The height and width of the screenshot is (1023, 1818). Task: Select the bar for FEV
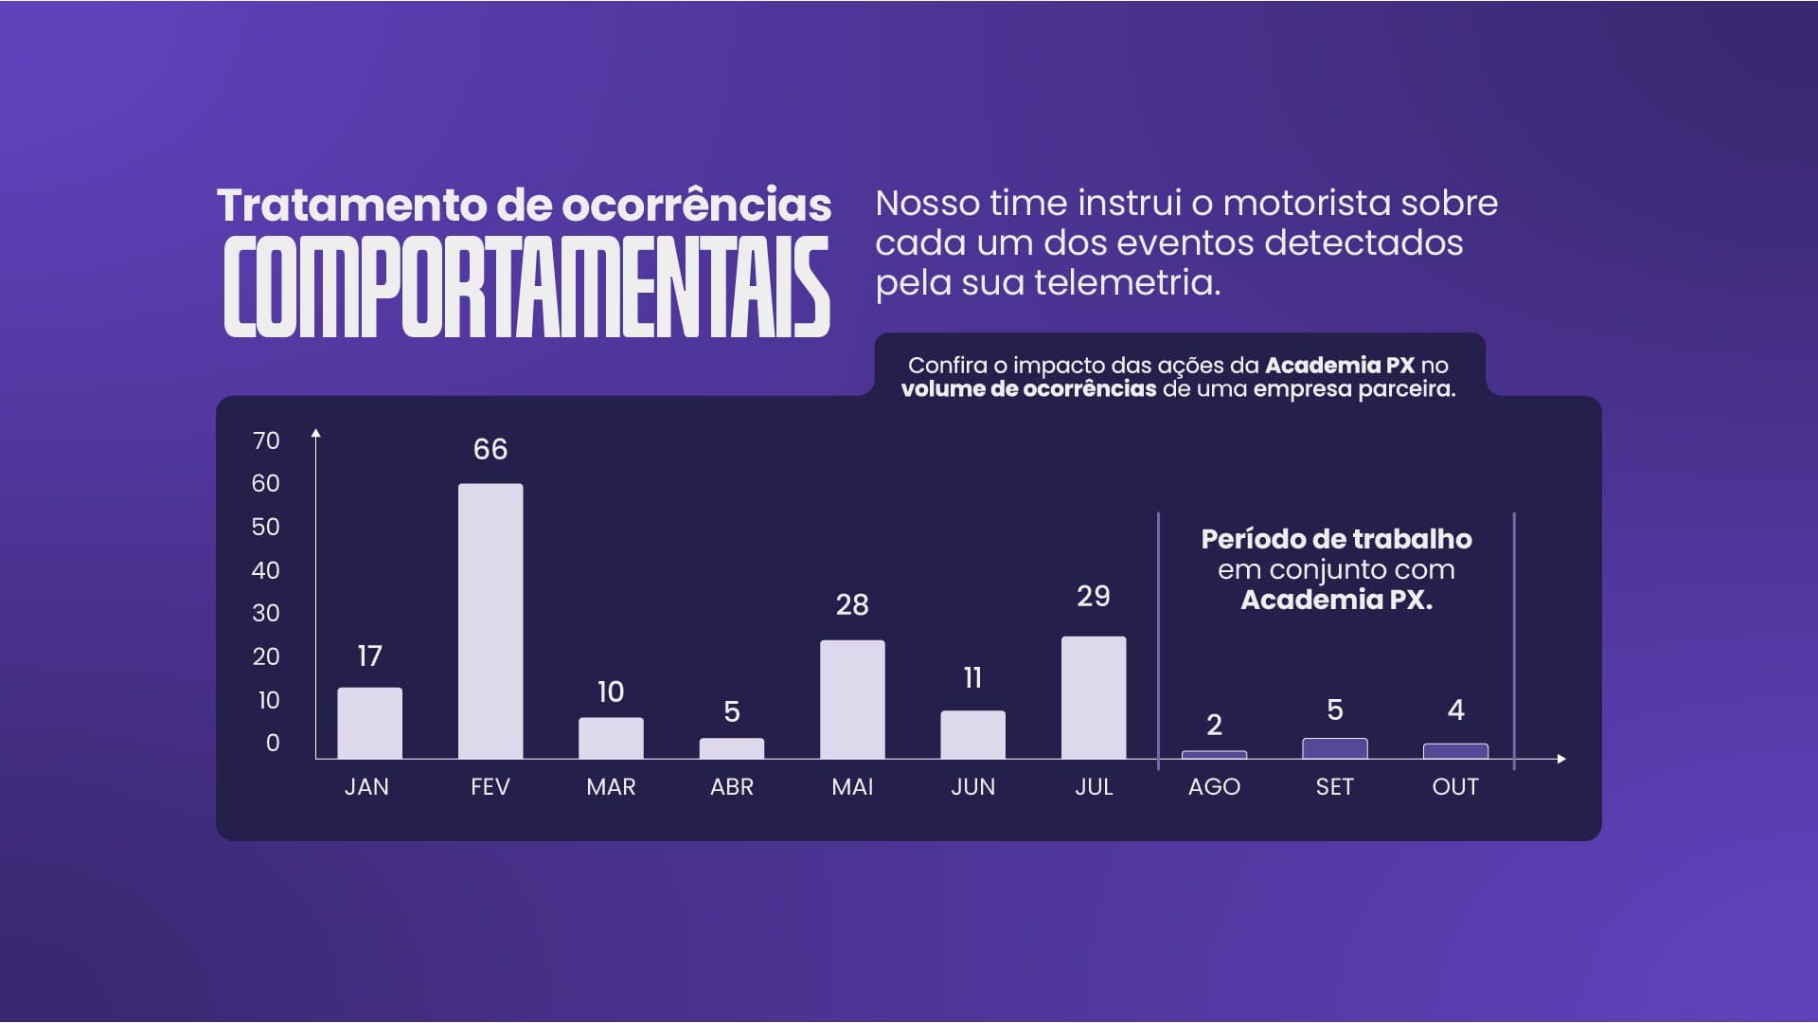click(x=490, y=620)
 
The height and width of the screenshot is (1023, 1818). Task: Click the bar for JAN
click(x=369, y=723)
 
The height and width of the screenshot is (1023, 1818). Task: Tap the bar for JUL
click(x=1094, y=697)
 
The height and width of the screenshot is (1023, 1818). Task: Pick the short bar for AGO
click(x=1214, y=755)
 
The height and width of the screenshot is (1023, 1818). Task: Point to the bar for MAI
click(x=852, y=699)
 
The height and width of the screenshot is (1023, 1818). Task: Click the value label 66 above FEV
click(x=490, y=449)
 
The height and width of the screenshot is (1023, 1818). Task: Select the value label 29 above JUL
click(x=1094, y=596)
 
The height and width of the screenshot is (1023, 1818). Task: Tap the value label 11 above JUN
click(x=972, y=678)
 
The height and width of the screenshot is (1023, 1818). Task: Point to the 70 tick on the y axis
click(x=266, y=440)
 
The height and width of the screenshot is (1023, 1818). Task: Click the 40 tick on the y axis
click(x=266, y=570)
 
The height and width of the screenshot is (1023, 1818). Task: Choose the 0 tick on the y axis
click(x=273, y=743)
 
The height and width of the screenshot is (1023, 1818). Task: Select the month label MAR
click(x=611, y=787)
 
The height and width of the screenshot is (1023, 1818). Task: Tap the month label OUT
click(x=1455, y=787)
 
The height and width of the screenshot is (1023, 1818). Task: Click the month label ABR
click(x=732, y=787)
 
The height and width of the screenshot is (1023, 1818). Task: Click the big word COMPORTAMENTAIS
click(x=526, y=287)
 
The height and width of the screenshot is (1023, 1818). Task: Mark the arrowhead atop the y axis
click(x=316, y=433)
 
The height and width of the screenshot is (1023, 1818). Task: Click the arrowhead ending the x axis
click(x=1561, y=759)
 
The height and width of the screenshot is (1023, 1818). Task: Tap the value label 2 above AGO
click(x=1214, y=726)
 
